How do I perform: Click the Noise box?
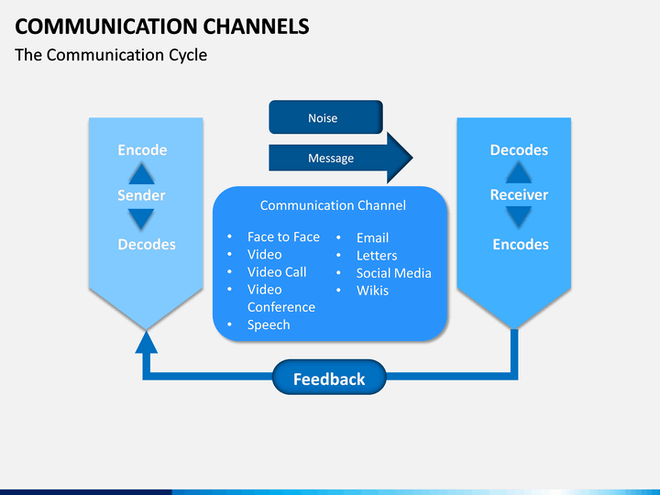tap(324, 117)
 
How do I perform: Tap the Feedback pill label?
tap(329, 379)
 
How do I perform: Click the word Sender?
tap(141, 195)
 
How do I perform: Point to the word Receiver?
tap(519, 195)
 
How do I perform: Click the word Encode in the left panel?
tap(142, 150)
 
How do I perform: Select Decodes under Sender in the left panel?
tap(147, 244)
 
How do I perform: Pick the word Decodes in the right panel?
tap(519, 150)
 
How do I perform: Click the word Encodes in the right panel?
tap(520, 244)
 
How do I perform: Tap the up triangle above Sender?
tap(141, 173)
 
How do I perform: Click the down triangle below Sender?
tap(141, 218)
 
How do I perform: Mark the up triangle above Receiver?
tap(519, 172)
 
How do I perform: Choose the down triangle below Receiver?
tap(519, 217)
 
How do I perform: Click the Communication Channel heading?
tap(333, 205)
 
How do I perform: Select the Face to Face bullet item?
tap(283, 236)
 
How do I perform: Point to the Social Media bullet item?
tap(393, 272)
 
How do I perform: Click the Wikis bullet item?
tap(372, 291)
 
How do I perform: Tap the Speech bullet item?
tap(269, 324)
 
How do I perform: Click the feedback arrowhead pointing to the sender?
tap(146, 342)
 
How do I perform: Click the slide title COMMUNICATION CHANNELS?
tap(161, 26)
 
